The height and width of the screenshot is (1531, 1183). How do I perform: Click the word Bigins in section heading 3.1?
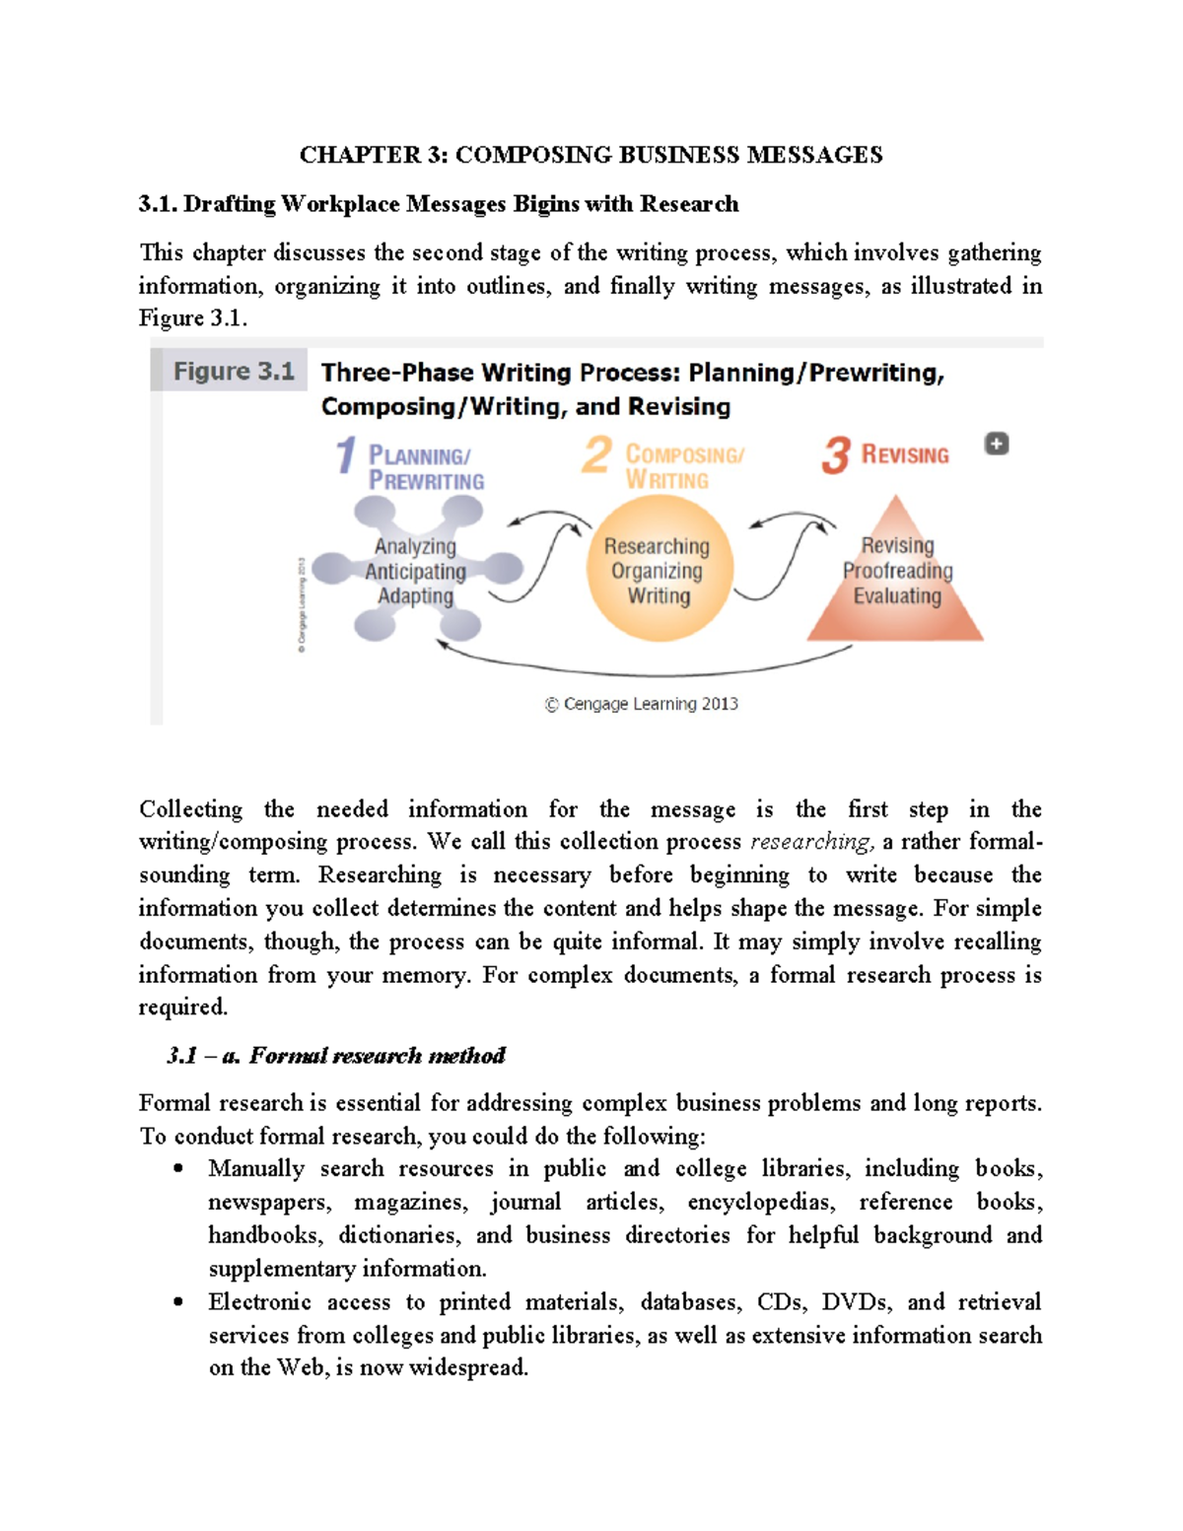click(x=545, y=204)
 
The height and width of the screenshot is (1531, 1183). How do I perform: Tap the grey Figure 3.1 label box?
click(x=234, y=372)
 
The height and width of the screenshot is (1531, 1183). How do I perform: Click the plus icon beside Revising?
click(x=997, y=444)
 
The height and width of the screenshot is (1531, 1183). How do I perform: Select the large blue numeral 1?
click(x=345, y=455)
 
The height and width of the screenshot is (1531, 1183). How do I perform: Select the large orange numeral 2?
click(x=596, y=455)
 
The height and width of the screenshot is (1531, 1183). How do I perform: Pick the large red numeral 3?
click(x=835, y=455)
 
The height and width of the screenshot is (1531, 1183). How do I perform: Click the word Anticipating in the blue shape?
click(x=415, y=572)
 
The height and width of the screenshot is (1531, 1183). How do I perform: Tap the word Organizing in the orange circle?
click(x=657, y=571)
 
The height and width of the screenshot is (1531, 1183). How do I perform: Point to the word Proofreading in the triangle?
click(x=897, y=571)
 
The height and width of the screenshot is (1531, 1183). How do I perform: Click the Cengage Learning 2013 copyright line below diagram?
click(x=641, y=704)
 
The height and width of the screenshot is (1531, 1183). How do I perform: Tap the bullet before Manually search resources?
click(x=178, y=1169)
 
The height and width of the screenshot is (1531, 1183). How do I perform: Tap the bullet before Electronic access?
click(x=178, y=1302)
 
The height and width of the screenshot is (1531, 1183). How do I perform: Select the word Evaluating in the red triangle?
click(x=897, y=596)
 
